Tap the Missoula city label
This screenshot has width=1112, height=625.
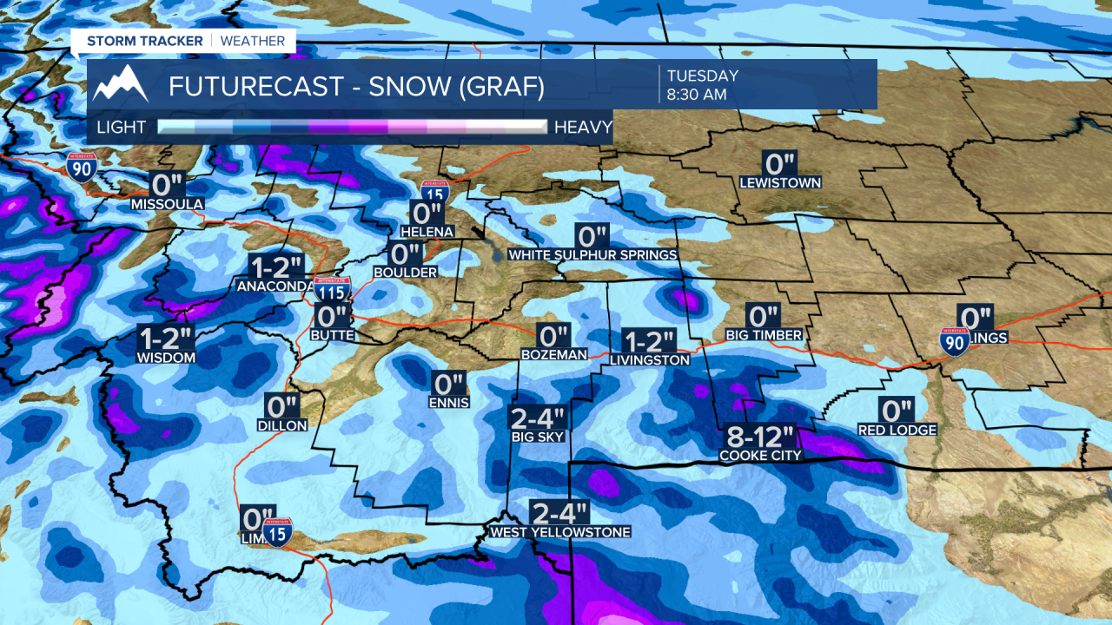pos(167,204)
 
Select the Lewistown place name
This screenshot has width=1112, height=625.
pos(780,183)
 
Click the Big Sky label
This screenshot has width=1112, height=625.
pos(538,437)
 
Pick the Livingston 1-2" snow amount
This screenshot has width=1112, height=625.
pos(649,341)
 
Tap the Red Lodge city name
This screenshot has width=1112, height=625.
pos(897,430)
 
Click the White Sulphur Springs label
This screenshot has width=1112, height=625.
pos(592,255)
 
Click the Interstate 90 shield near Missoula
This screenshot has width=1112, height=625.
pos(81,165)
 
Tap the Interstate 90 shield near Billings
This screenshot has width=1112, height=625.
pos(954,341)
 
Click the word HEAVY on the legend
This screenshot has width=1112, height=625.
pos(583,128)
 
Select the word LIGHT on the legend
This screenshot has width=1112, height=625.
pos(122,128)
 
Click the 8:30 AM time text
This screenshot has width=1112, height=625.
pos(697,95)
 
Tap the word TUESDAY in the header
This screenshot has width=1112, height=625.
pos(703,76)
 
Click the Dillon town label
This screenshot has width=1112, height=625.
pos(282,425)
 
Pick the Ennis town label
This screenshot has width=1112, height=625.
pos(449,402)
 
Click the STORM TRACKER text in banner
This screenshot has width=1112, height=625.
pos(144,41)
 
